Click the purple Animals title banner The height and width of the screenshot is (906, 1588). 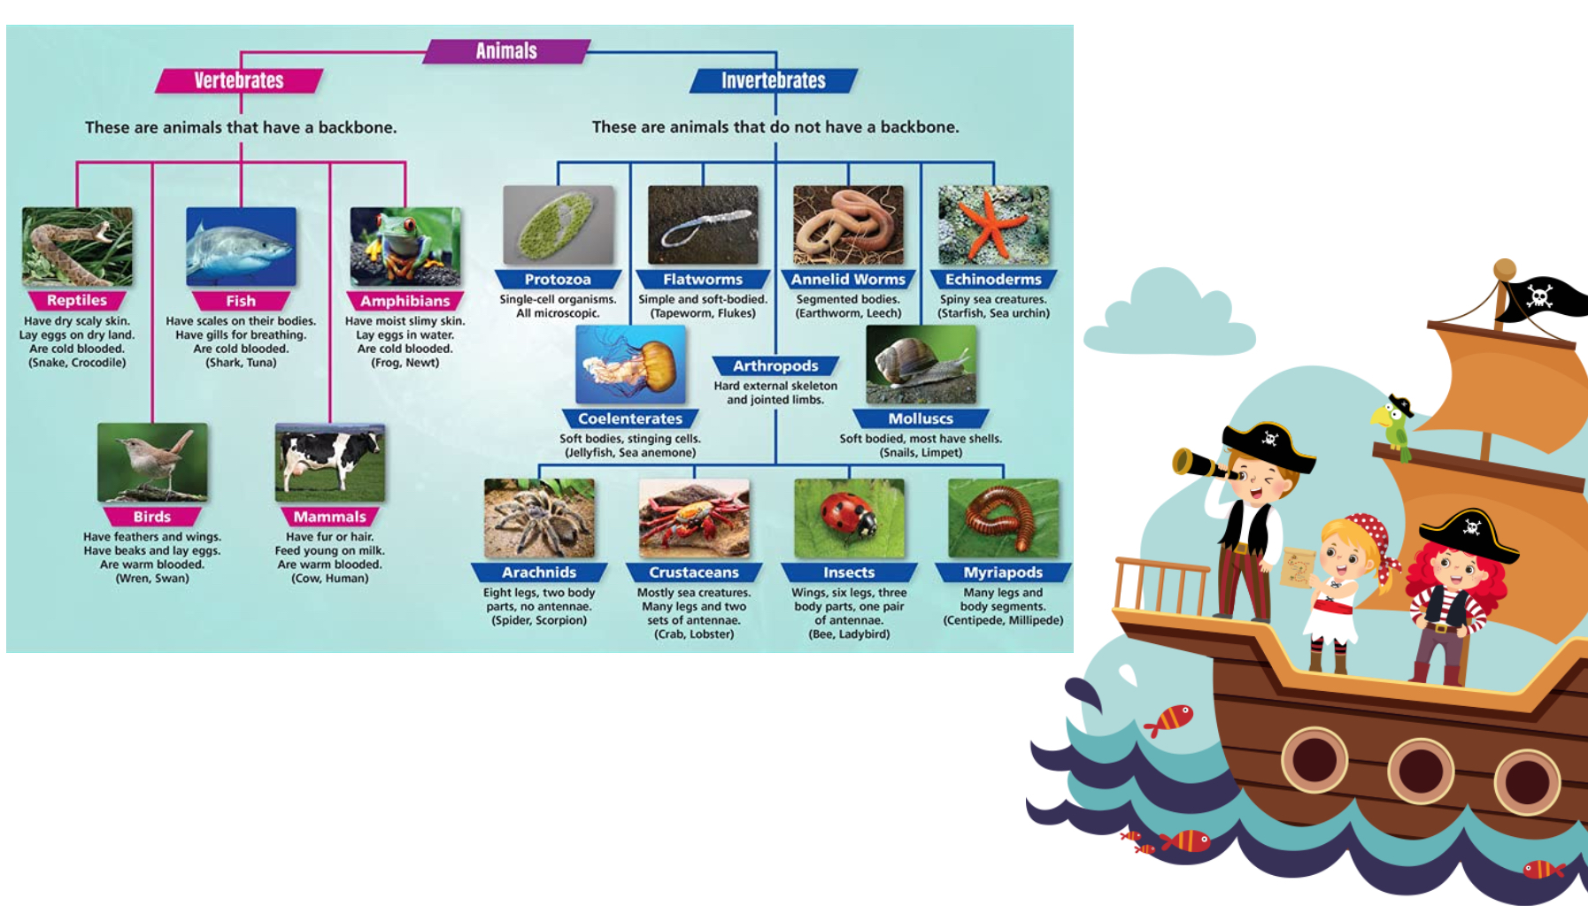pos(506,51)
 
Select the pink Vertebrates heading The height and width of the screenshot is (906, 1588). pos(239,81)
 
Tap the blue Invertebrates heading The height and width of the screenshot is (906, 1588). pos(773,81)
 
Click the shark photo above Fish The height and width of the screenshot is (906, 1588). pos(241,246)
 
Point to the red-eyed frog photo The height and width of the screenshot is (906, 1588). pos(405,246)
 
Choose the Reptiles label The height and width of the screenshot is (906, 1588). pos(77,301)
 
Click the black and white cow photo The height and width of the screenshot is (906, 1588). pos(330,462)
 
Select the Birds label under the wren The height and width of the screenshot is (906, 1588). pos(152,517)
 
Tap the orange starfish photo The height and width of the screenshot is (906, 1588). pos(993,225)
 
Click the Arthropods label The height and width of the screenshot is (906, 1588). pos(775,365)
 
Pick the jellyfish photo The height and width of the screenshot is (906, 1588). pos(630,365)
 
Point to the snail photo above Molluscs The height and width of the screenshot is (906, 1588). pos(921,365)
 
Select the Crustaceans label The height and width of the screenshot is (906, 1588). pos(694,572)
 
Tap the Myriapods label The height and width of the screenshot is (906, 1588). pos(1003,572)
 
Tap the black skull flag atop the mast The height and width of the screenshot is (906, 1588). pos(1545,296)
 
